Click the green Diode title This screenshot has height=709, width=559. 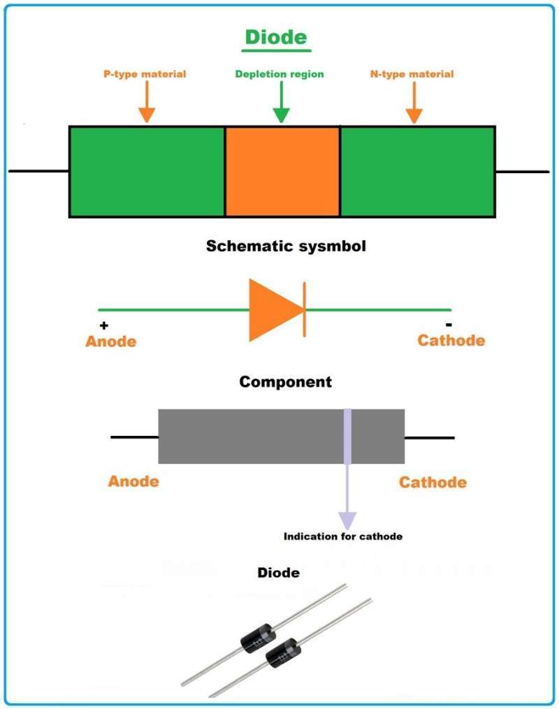click(275, 36)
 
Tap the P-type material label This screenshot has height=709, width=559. click(145, 73)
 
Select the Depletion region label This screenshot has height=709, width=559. click(279, 73)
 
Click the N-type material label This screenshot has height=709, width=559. click(412, 73)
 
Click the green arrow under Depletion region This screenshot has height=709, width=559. click(280, 103)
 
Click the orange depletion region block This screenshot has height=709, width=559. click(282, 171)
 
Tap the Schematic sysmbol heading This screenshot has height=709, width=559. click(286, 246)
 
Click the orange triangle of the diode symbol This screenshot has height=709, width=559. click(273, 309)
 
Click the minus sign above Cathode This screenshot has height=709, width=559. click(449, 325)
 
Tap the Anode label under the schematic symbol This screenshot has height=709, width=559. click(110, 342)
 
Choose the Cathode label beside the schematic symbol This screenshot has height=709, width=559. click(451, 340)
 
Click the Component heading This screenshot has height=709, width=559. click(285, 382)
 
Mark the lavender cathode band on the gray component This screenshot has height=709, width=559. click(347, 437)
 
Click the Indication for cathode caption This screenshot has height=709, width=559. click(343, 536)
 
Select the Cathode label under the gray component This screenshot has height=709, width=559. click(433, 482)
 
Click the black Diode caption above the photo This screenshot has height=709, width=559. click(279, 573)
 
